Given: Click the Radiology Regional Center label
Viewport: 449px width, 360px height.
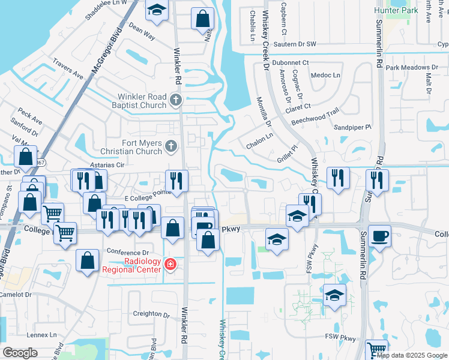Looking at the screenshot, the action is (132, 265).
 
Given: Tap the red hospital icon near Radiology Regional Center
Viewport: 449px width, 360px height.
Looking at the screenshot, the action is (171, 265).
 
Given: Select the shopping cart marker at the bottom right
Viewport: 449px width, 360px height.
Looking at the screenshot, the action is (377, 349).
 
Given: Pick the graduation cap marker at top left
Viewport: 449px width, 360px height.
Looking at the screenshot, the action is (157, 10).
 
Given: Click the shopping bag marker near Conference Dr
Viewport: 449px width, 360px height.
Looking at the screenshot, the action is (88, 261).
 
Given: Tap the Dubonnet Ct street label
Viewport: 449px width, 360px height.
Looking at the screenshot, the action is (289, 62).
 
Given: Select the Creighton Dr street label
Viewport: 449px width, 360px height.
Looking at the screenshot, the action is (151, 314).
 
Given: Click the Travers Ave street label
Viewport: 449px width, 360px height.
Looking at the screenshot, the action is (68, 68).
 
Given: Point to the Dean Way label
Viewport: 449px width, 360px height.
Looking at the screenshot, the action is (142, 32).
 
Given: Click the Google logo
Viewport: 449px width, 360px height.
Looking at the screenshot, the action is (20, 353).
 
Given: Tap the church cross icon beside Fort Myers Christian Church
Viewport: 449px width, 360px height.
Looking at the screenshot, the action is (171, 146).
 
